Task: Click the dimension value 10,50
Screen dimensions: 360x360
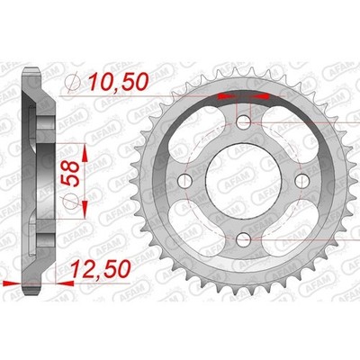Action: [x=119, y=82]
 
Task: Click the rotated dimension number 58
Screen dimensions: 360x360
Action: [x=70, y=174]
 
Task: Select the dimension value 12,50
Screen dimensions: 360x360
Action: [x=101, y=269]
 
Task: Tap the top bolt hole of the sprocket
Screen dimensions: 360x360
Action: [x=243, y=122]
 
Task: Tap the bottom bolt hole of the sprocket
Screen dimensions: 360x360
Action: [x=243, y=239]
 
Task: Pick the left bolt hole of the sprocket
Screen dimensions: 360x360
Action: [x=185, y=180]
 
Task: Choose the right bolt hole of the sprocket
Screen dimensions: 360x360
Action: [x=301, y=180]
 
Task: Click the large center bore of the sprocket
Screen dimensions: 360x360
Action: [x=243, y=180]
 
